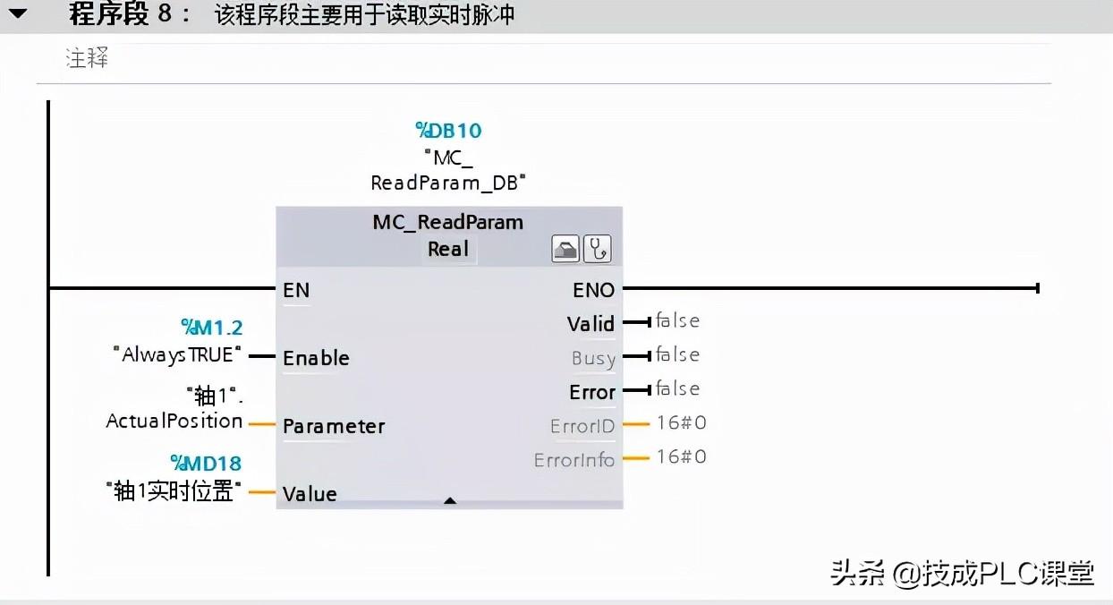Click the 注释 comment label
pos(87,60)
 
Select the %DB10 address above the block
pos(448,131)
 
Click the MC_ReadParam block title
pos(448,222)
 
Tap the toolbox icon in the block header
pos(565,249)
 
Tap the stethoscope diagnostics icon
pos(597,249)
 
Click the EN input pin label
pos(296,290)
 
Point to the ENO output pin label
pos(593,290)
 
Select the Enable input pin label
pos(316,358)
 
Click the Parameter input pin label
pos(334,426)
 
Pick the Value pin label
pos(310,494)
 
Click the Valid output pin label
pos(590,324)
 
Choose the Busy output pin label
pos(593,359)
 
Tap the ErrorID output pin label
pos(582,426)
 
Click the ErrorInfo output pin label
pos(574,460)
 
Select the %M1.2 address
pos(212,328)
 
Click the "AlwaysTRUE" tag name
pos(178,354)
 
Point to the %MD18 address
pos(206,464)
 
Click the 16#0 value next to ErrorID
pos(681,422)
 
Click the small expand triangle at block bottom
pos(450,501)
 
